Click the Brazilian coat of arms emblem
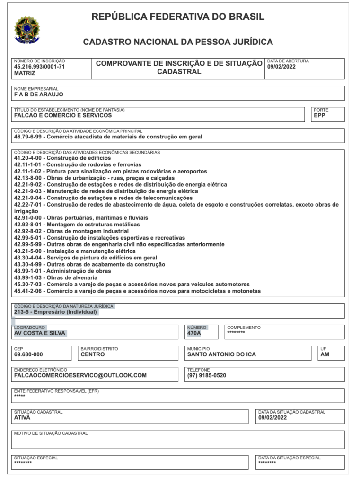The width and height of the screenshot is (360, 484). click(x=27, y=30)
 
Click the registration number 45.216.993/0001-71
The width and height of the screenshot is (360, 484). click(x=40, y=67)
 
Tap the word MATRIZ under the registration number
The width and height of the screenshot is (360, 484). click(x=25, y=73)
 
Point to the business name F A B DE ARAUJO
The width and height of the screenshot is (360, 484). click(x=39, y=94)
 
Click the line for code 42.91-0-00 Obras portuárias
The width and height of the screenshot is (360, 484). click(x=81, y=218)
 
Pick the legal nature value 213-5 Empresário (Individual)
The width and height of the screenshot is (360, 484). click(x=55, y=312)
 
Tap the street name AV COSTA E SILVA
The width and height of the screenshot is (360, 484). click(x=40, y=333)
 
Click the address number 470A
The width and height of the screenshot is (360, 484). click(x=194, y=333)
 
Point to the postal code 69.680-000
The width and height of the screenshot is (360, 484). click(x=28, y=354)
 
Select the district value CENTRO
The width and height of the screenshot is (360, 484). click(x=93, y=354)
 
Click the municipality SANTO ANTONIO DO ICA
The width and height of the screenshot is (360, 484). click(x=221, y=354)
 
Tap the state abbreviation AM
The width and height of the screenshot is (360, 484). click(x=325, y=354)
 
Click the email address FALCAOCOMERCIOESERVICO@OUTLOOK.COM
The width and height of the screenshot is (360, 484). click(x=80, y=375)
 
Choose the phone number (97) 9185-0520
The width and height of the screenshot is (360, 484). click(x=207, y=375)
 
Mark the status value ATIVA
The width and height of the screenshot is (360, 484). click(x=22, y=417)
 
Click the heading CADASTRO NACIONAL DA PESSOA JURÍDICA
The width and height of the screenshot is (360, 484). click(x=178, y=42)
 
